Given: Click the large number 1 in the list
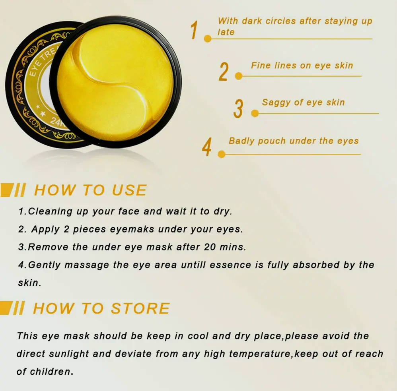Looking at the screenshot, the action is point(194,30).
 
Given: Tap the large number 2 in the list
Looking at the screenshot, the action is point(224,72).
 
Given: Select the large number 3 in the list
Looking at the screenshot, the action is point(239,108).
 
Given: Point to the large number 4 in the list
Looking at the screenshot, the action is point(206,147).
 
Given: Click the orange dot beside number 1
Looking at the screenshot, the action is point(208,39).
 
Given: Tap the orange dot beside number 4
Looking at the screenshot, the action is point(222,154).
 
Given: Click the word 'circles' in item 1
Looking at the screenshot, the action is point(280,21).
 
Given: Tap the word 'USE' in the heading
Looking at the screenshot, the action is point(129,190).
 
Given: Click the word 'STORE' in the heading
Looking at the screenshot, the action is point(140,308).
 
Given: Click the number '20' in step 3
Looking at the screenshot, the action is point(210,247).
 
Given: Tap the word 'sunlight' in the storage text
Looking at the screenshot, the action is point(69,354).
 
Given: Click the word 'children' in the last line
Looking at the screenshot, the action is point(51,372).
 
